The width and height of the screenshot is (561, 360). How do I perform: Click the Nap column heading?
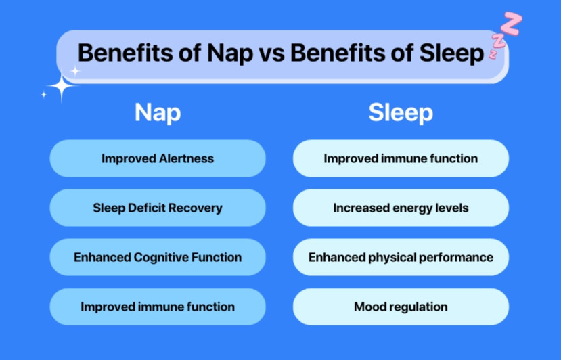pos(158,112)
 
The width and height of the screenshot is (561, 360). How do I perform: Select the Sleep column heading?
pos(401,112)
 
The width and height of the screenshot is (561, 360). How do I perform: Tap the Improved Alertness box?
pos(158,158)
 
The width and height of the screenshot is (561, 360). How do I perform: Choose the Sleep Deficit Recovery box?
pos(158,208)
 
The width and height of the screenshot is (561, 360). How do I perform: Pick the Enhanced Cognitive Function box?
pos(158,257)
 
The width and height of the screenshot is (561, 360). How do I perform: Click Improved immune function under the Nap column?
pos(158,307)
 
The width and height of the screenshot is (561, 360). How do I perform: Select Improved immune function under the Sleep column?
pos(401,158)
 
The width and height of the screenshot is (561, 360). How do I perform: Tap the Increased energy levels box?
pos(401,208)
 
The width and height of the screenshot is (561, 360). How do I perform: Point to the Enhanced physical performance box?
pos(401,257)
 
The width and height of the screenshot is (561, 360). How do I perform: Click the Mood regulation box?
pos(401,307)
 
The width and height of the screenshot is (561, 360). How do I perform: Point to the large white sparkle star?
pos(62,87)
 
